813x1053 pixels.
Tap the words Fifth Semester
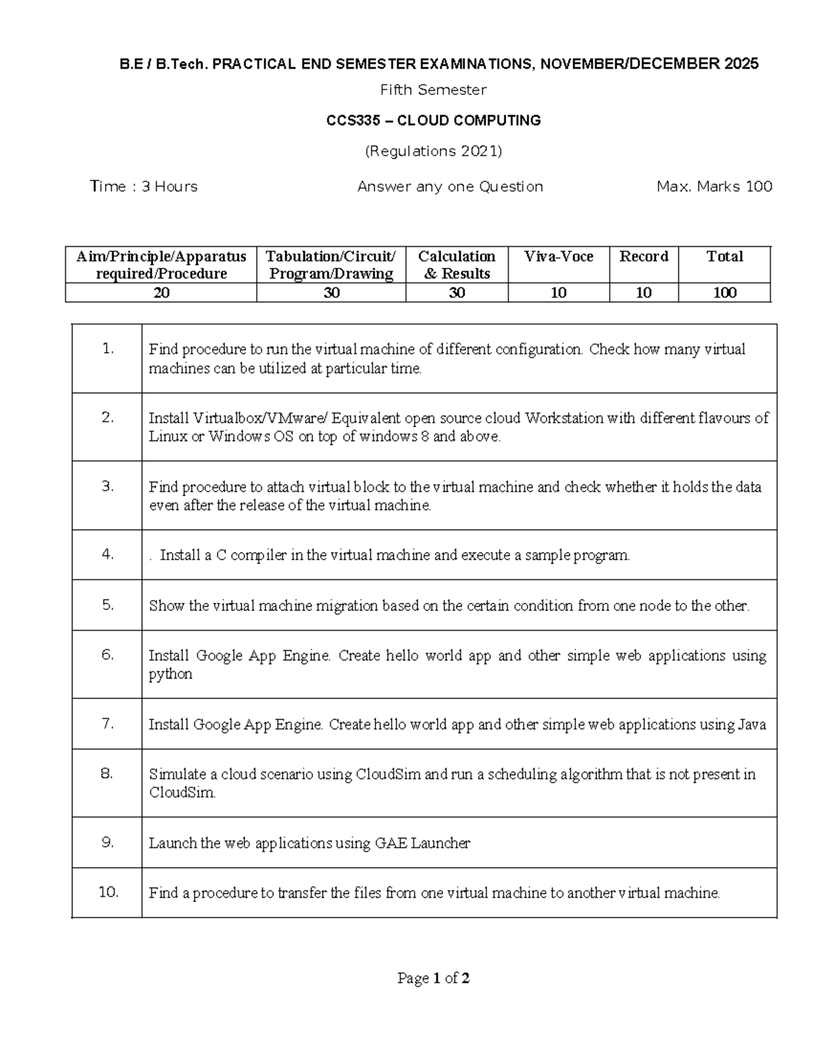tap(433, 90)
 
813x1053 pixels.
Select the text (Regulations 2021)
tap(434, 151)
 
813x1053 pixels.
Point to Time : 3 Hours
tap(144, 186)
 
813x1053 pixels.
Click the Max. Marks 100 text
tap(714, 186)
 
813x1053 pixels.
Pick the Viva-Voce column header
tap(558, 256)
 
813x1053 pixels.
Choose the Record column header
tap(644, 256)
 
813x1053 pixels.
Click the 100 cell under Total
tap(724, 293)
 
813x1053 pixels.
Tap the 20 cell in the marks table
tap(161, 293)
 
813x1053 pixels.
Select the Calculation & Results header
tap(457, 264)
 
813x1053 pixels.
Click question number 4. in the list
tap(108, 554)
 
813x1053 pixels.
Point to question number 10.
tap(108, 892)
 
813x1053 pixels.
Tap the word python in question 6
tap(171, 674)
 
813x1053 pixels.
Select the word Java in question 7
tap(752, 724)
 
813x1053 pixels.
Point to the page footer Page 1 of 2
tap(434, 978)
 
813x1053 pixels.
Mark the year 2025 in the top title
tap(741, 64)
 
